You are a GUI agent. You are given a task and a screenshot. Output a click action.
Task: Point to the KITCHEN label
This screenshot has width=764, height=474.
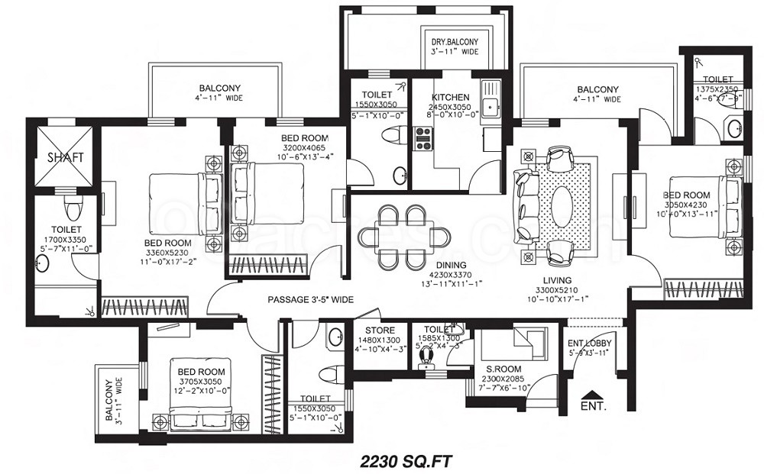[x=451, y=98]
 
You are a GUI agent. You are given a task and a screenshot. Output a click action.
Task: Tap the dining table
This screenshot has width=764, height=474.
[x=403, y=237]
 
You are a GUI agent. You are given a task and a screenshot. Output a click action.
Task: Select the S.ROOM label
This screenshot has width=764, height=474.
[x=504, y=369]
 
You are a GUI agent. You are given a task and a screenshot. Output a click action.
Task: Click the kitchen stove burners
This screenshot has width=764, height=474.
[x=422, y=137]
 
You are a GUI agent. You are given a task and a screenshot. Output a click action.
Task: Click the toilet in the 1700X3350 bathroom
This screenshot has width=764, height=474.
[x=73, y=208]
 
